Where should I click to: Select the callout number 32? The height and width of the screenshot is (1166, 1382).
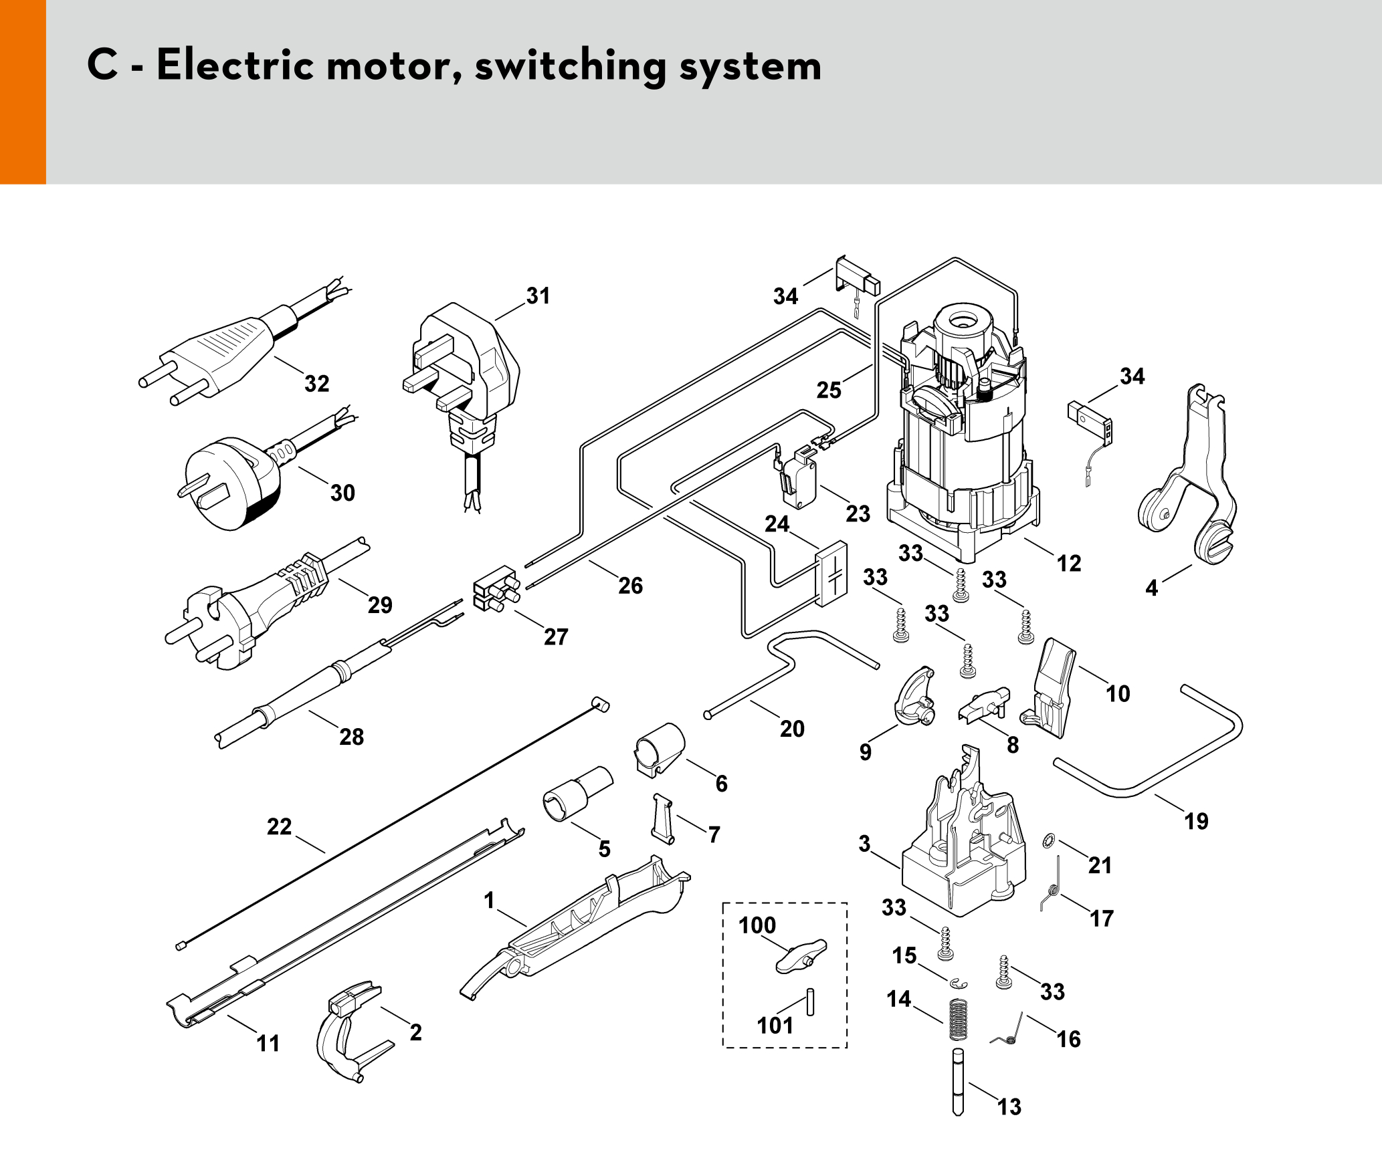(x=316, y=384)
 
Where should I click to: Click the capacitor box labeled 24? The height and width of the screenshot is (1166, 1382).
(x=831, y=574)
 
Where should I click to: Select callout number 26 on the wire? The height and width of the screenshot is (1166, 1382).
(x=630, y=586)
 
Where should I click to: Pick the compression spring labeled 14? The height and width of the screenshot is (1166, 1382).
(x=959, y=1019)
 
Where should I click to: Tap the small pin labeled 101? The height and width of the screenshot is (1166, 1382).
(x=810, y=1002)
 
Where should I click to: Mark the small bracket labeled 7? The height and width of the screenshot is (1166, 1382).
(x=662, y=818)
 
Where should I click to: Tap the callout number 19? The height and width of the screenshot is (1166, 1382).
(x=1196, y=821)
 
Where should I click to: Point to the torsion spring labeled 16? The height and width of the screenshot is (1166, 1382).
(x=1009, y=1032)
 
